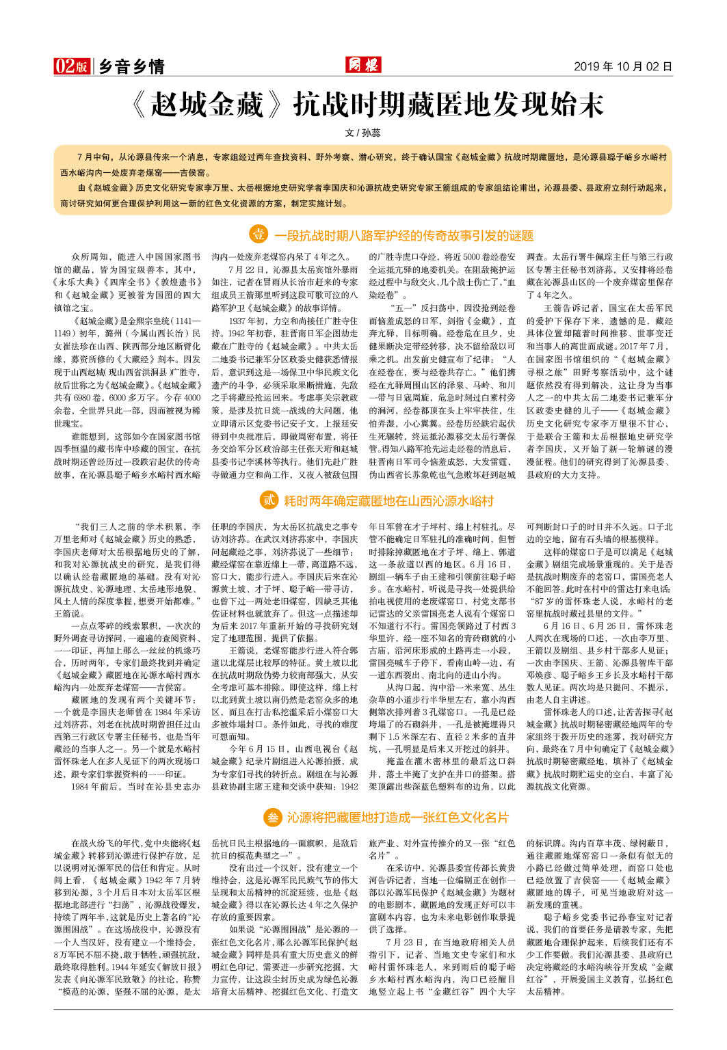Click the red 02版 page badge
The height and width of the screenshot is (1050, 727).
coord(71,66)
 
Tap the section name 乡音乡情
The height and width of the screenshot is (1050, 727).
coord(132,66)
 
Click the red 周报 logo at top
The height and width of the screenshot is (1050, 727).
coord(362,66)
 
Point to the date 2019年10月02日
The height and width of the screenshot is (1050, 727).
coord(622,66)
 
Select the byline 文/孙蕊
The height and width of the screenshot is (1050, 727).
coord(363,133)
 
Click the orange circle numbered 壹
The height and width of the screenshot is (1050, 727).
coord(258,234)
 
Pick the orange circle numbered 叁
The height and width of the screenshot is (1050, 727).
coord(272,817)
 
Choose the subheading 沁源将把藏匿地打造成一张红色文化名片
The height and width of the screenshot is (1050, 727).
coord(397,818)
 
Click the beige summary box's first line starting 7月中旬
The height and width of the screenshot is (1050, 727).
coord(369,157)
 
